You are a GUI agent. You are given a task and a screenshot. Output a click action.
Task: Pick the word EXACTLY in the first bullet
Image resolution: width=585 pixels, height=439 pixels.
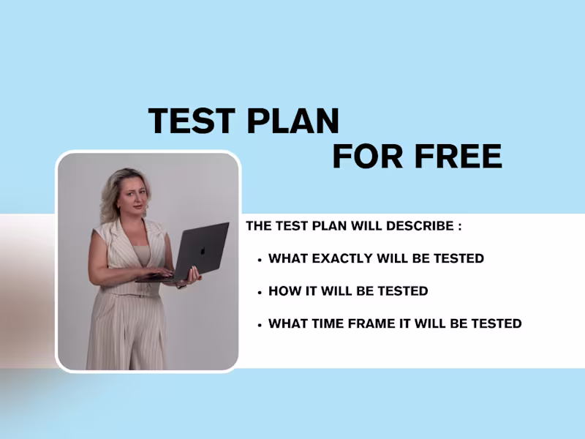click(x=341, y=258)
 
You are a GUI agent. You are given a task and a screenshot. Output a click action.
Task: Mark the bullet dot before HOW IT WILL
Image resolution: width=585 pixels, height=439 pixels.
click(x=260, y=292)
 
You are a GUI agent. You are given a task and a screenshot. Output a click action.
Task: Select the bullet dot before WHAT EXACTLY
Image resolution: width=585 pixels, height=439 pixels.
click(x=260, y=260)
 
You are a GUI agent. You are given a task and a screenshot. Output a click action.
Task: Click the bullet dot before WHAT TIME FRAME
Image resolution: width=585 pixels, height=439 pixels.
click(x=260, y=324)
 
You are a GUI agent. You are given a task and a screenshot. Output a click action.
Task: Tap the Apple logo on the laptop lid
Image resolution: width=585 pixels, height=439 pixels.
click(x=203, y=250)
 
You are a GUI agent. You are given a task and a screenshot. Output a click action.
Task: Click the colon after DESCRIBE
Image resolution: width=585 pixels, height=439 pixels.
click(x=459, y=227)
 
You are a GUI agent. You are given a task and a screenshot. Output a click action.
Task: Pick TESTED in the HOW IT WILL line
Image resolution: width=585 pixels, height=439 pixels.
click(x=403, y=291)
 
